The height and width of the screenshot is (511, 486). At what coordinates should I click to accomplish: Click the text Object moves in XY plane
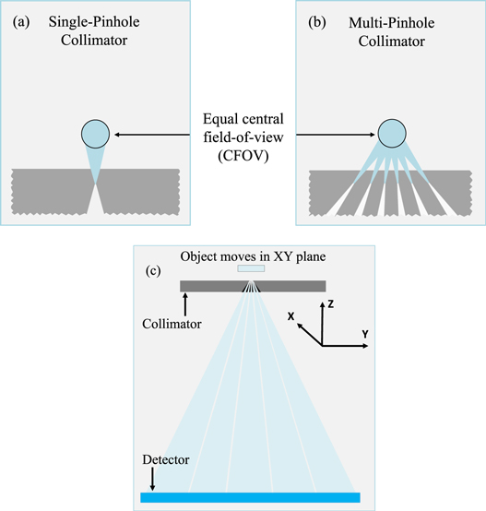point(243,255)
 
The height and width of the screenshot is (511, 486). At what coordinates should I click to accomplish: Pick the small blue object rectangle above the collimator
point(251,268)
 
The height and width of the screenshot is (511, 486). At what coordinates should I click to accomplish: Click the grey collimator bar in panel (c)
point(212,286)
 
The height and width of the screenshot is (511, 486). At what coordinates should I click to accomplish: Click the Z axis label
point(331,303)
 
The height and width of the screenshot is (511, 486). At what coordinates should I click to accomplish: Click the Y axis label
point(366,333)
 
